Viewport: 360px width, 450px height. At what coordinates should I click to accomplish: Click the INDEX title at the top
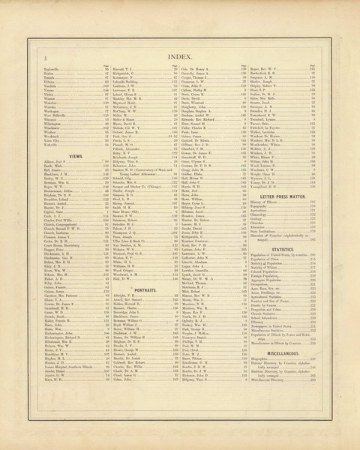coord(180,35)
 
